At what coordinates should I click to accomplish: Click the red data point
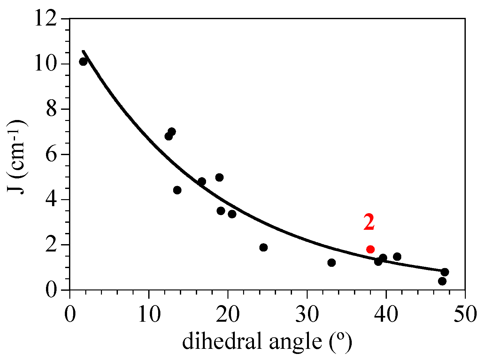370,249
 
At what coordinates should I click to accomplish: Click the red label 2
369,222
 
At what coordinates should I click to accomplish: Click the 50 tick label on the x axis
465,314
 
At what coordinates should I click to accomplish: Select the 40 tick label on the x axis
386,314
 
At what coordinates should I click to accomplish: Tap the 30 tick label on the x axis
307,314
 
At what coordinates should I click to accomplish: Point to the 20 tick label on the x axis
228,314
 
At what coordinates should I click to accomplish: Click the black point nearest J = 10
83,62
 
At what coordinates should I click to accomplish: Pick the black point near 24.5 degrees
264,247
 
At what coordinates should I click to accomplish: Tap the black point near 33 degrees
332,263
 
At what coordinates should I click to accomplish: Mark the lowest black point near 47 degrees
442,281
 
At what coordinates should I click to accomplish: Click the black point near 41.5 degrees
397,257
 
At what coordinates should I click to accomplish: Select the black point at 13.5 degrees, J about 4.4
177,190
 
